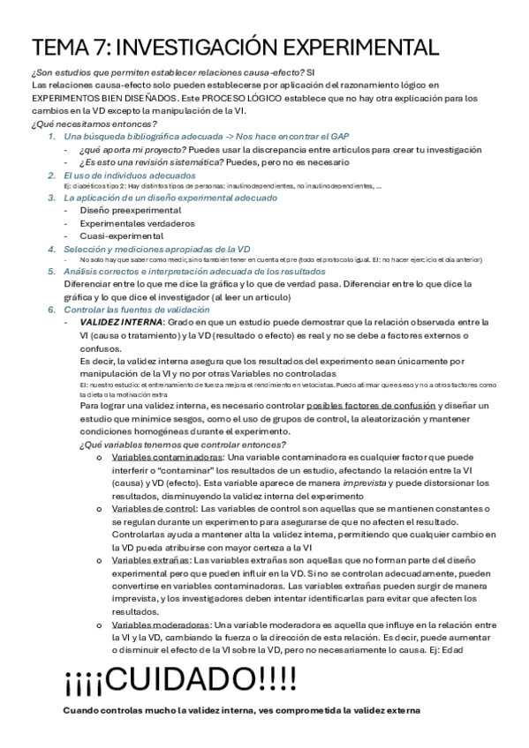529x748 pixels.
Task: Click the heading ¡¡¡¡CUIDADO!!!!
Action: coord(180,681)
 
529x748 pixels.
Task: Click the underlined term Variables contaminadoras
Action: coord(168,459)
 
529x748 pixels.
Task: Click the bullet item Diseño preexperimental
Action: coord(131,211)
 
